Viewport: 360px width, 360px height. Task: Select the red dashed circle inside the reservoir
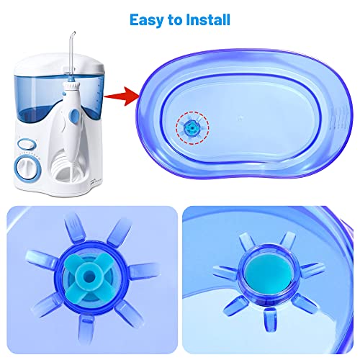click(x=191, y=127)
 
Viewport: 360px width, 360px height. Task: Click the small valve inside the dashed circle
click(x=191, y=127)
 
